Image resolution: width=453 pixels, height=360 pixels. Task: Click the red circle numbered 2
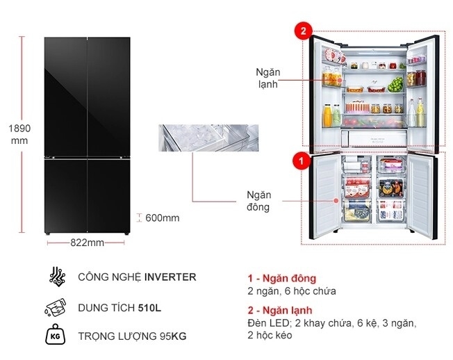coord(304,31)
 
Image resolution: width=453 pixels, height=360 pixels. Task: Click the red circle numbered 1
coord(302,161)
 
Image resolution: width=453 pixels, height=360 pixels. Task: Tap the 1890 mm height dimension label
coord(19,134)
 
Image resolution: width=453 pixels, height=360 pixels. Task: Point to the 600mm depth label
coord(163,218)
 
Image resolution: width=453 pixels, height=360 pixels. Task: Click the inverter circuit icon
coord(57,277)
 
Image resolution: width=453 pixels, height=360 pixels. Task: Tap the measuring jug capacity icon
coord(56,308)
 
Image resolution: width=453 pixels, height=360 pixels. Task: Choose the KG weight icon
coord(56,335)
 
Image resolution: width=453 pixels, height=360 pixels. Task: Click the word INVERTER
coord(170,277)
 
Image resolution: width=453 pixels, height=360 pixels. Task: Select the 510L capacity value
coord(149,308)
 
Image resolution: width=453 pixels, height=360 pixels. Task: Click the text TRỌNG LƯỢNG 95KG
coord(132,336)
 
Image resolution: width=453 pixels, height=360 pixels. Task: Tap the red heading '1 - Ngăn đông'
coord(281,279)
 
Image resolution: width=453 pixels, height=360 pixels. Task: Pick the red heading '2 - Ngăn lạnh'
coord(280,310)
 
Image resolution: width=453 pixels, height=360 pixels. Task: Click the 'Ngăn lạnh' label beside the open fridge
coord(267,78)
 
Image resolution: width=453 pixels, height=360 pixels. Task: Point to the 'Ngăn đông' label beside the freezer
coord(258,201)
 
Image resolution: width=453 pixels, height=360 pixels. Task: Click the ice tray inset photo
coord(208,138)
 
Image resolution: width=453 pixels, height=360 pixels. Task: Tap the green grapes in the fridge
coord(395,84)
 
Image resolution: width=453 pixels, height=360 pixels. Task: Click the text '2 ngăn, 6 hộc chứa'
coord(292,291)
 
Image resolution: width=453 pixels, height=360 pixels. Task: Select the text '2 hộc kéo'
coord(270,336)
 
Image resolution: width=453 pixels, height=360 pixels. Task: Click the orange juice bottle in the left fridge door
coord(328,115)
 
